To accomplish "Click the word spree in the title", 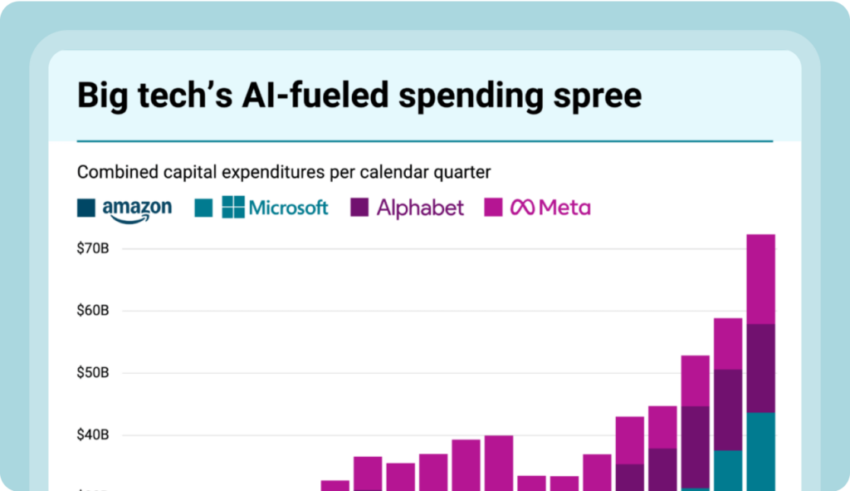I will coord(594,96).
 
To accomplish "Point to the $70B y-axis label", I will coord(94,248).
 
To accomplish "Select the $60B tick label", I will coord(94,311).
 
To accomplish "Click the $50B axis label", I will coord(94,373).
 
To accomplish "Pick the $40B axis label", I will coord(94,435).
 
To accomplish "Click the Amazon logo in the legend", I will coord(137,208).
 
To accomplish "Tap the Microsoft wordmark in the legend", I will coord(288,208).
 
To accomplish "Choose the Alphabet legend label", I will coord(420,208).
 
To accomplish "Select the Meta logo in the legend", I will coord(551,208).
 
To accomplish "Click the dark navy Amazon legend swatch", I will coord(86,208).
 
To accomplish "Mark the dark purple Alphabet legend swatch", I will coord(359,208).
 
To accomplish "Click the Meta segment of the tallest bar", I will coord(761,278).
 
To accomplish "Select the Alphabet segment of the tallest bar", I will coord(761,367).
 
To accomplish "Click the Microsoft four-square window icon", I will coord(233,208).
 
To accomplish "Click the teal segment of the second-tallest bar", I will coord(728,469).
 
